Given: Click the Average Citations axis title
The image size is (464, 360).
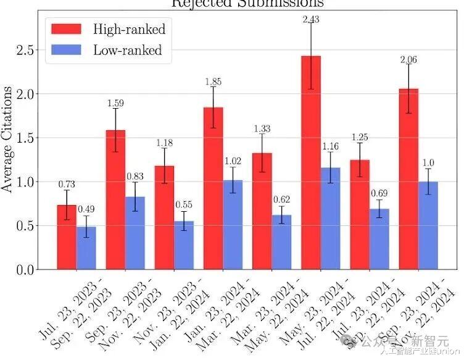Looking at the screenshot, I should [x=7, y=139].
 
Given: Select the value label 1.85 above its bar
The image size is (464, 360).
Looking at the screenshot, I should [x=213, y=82].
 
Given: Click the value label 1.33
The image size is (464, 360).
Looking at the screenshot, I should [x=262, y=128].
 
